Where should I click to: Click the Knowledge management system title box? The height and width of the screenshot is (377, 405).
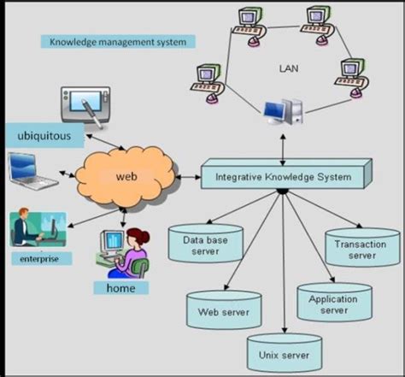(119, 40)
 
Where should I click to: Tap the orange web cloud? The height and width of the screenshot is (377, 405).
(126, 177)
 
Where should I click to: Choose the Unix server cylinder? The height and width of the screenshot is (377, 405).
(279, 350)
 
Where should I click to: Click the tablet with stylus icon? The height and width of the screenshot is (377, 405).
(85, 103)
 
